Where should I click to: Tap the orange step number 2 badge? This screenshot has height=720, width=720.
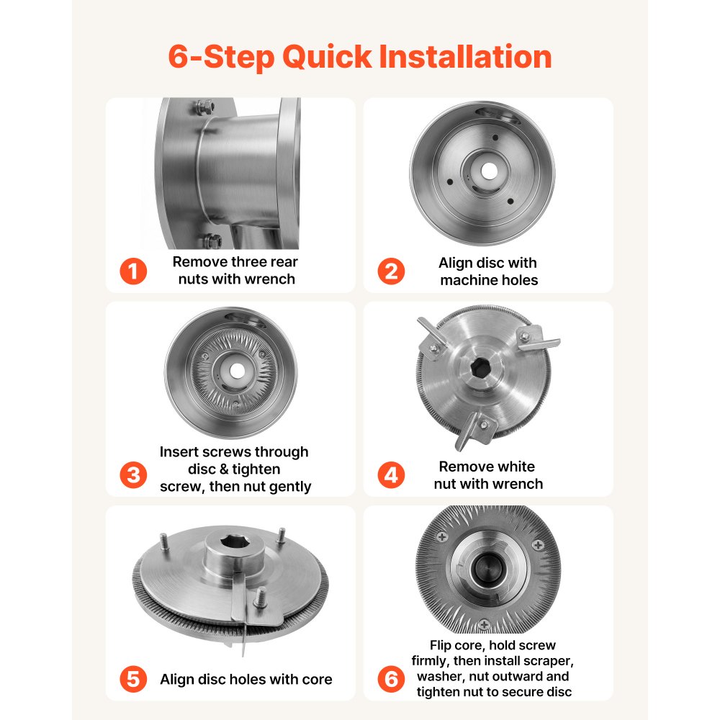pos(392,271)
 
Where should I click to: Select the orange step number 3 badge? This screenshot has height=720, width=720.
pos(133,475)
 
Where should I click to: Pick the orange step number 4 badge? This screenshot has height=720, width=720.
pos(392,475)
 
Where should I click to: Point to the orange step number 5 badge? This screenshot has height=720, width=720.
pos(133,679)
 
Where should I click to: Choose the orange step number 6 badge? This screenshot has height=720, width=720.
pos(392,679)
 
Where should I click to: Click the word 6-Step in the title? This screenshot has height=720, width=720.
pos(218,57)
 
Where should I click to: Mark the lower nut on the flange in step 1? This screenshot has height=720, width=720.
pos(209,240)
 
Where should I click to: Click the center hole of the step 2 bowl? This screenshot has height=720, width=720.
pos(488,171)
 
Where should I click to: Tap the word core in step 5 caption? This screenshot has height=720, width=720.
pos(317,679)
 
